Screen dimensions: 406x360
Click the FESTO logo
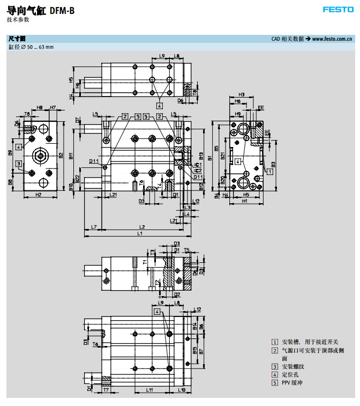pos(338,9)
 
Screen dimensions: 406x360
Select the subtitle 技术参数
pos(18,20)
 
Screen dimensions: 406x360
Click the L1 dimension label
pos(140,234)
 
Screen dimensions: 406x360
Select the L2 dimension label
pos(142,226)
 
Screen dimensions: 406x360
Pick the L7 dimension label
pos(94,227)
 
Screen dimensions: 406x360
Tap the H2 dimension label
pos(39,194)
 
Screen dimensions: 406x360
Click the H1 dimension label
pos(244,201)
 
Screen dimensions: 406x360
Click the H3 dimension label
pos(242,94)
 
